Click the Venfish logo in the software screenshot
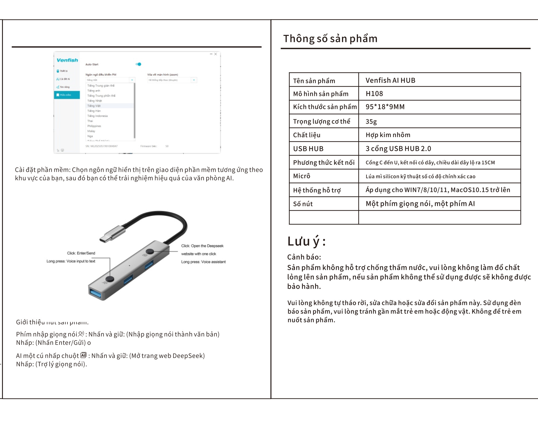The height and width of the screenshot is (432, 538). point(67,60)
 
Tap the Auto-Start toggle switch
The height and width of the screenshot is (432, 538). point(139,64)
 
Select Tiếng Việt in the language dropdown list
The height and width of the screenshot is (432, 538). point(94,106)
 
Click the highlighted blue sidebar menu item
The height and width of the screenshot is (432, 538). point(67,95)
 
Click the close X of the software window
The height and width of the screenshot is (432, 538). point(216,54)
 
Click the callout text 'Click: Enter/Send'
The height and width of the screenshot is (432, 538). point(81,253)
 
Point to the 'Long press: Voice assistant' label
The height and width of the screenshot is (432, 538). point(203,262)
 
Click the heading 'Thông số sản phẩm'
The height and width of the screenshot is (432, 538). point(330,39)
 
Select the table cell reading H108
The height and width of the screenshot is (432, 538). point(374,94)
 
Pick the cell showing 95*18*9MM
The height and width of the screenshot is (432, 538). point(385,107)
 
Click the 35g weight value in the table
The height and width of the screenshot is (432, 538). point(371,121)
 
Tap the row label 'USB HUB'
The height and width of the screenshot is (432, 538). point(308,149)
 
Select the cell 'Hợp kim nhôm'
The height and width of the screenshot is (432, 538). point(388,135)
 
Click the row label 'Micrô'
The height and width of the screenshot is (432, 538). point(301,176)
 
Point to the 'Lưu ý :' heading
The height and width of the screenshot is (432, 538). point(306,242)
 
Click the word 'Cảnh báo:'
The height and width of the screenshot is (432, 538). point(304,257)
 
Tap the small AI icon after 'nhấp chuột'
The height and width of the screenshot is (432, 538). point(83,355)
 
